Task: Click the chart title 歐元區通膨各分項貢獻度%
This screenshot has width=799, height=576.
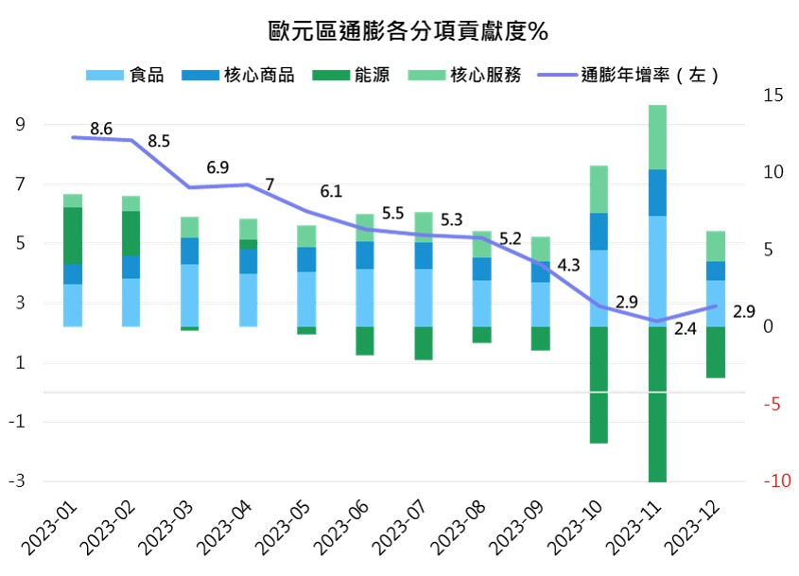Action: pyautogui.click(x=408, y=30)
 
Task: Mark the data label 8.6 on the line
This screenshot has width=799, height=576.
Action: pyautogui.click(x=101, y=129)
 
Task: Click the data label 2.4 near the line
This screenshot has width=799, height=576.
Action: pyautogui.click(x=686, y=330)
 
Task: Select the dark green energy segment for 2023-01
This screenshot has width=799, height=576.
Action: pyautogui.click(x=73, y=236)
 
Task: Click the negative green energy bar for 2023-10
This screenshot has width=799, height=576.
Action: pyautogui.click(x=599, y=384)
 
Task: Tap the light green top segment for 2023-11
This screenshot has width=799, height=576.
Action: pyautogui.click(x=657, y=137)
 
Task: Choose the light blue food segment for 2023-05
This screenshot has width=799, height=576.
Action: pyautogui.click(x=306, y=299)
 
